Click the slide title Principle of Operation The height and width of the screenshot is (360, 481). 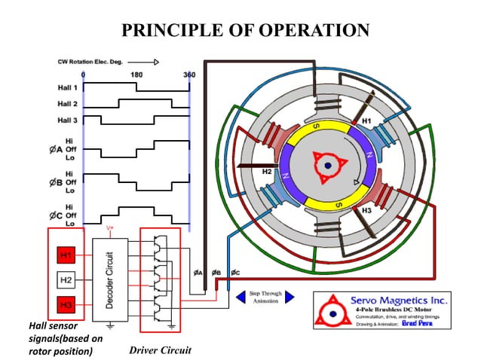[240, 29]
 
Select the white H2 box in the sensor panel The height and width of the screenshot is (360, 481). [66, 280]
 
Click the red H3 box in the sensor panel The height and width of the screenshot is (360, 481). [66, 305]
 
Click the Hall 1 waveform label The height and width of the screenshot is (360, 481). [67, 89]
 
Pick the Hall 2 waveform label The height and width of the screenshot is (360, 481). [67, 104]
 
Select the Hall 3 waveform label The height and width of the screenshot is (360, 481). [67, 119]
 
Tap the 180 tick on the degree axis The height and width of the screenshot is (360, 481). [136, 75]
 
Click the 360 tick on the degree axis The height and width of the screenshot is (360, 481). [188, 75]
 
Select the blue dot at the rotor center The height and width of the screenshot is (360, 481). [329, 166]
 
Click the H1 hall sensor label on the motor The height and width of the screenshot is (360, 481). [366, 121]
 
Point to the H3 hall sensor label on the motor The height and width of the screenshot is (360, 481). [366, 212]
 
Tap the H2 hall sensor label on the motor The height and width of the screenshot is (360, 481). [266, 172]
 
